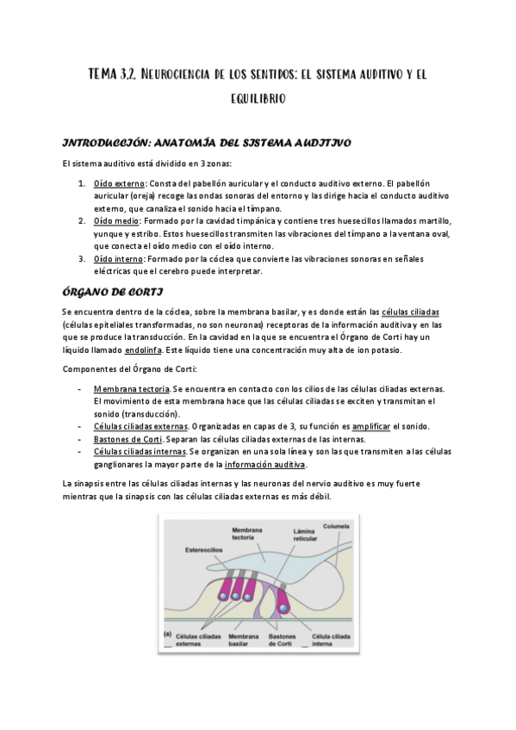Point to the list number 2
81,220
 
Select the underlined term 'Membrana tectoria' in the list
131,389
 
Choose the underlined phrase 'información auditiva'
265,463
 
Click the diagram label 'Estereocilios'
202,547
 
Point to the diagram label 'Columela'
336,525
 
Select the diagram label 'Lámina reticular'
303,536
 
